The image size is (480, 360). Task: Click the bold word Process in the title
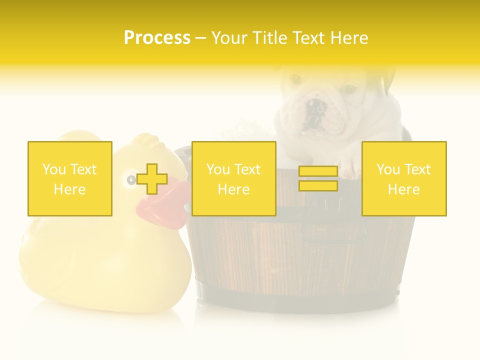pos(157,37)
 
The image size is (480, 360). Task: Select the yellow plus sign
pos(152,179)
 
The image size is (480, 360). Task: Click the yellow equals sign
pos(318,178)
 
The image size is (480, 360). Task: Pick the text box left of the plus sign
pos(70,178)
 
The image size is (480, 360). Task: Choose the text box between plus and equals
pos(233,178)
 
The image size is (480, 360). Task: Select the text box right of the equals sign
pos(404,178)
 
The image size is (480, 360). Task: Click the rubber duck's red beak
pos(162,205)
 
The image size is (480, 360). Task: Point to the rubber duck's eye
pos(131,179)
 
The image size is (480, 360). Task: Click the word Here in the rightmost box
pos(404,189)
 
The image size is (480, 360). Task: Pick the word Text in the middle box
pos(247,169)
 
